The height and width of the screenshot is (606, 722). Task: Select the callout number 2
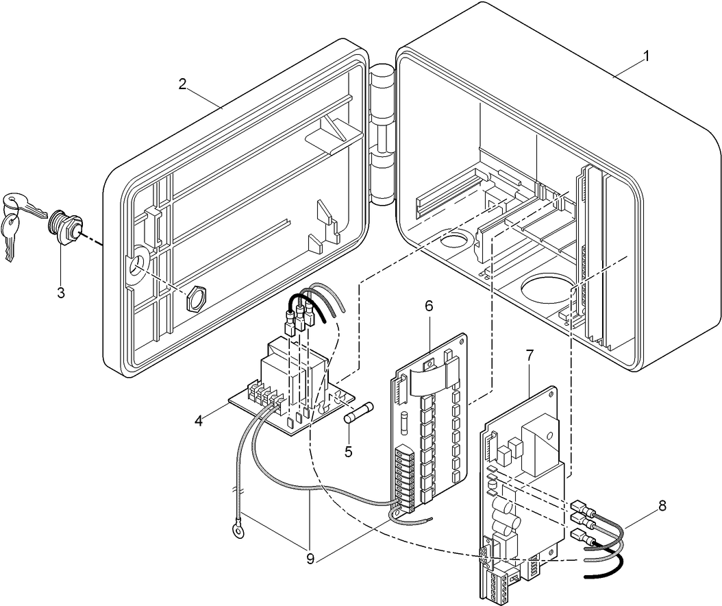point(182,84)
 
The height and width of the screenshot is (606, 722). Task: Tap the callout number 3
point(61,293)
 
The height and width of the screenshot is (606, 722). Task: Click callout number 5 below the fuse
point(348,451)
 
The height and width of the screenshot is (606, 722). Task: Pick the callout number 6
point(429,306)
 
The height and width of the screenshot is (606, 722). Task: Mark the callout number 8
point(662,506)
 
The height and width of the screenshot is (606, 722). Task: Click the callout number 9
point(310,559)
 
